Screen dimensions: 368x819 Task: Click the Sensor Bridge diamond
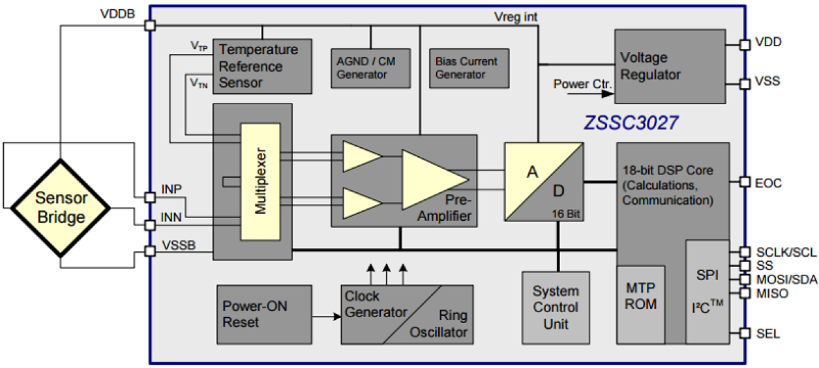tap(61, 208)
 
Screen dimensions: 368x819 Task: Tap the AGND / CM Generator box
tap(370, 68)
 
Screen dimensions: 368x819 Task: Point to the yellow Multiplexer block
tap(260, 181)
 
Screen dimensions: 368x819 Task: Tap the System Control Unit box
tap(556, 307)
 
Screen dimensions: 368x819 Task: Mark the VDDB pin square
tap(150, 25)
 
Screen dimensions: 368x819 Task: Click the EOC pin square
tap(745, 182)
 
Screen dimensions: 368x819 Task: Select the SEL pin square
tap(745, 333)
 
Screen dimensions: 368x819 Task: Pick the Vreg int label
tap(516, 18)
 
